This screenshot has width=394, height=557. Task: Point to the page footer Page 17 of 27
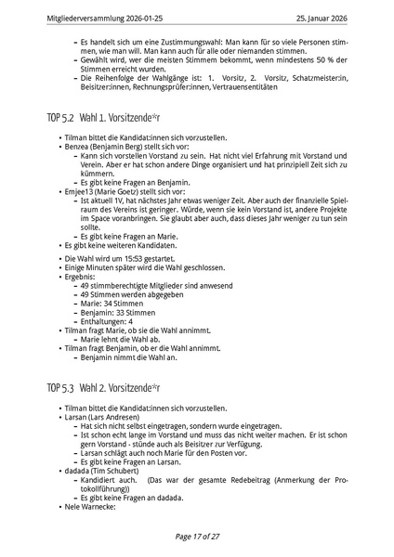197,537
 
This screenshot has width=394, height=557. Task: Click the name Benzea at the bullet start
76,149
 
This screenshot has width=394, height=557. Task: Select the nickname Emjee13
79,190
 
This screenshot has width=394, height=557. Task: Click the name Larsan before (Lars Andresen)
74,418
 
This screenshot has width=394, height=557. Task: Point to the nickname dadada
75,471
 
